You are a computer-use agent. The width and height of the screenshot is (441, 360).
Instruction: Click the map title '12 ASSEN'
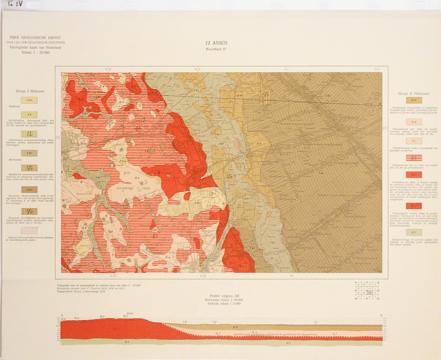pyautogui.click(x=215, y=43)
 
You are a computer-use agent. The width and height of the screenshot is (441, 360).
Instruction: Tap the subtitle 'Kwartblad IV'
pyautogui.click(x=215, y=49)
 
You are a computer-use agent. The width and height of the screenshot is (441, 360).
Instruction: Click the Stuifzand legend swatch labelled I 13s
pyautogui.click(x=29, y=100)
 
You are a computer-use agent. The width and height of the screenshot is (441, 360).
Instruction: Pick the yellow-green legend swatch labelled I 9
pyautogui.click(x=29, y=115)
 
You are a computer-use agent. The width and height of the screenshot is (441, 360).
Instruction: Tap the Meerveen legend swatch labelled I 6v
pyautogui.click(x=29, y=153)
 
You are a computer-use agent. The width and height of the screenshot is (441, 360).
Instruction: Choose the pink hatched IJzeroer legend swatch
pyautogui.click(x=29, y=230)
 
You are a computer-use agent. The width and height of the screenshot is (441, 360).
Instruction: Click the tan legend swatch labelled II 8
pyautogui.click(x=414, y=101)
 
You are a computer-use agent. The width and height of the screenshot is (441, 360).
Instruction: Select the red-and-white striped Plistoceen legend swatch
pyautogui.click(x=414, y=157)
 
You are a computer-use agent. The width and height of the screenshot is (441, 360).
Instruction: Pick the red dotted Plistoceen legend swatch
pyautogui.click(x=414, y=206)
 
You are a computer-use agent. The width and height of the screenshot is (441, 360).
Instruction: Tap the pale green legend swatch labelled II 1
pyautogui.click(x=414, y=232)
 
